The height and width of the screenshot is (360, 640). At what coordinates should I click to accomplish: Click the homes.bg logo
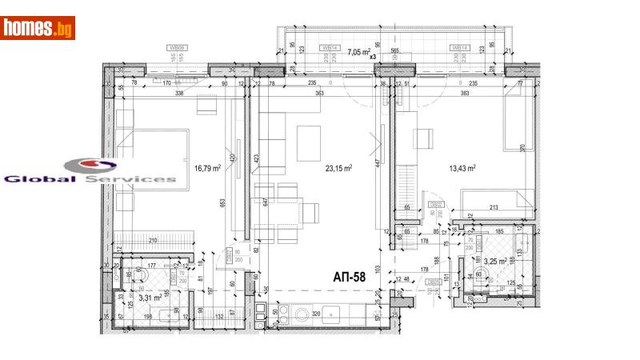38,27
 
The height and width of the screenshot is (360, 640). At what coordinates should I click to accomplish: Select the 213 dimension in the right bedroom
494,209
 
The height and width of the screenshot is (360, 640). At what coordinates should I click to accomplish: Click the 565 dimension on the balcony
394,49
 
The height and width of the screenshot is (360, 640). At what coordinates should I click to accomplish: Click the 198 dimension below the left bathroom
149,317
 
